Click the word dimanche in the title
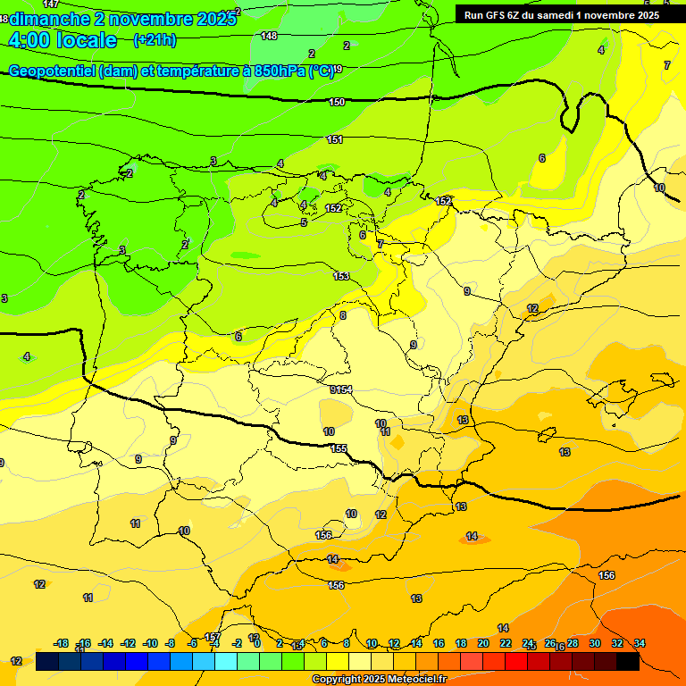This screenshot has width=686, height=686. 49,18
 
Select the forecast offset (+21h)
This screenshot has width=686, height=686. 154,39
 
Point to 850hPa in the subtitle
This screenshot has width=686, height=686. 279,71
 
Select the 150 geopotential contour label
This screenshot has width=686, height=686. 337,102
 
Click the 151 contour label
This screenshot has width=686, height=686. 335,139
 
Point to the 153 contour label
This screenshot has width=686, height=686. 341,276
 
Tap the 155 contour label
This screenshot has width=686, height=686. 339,448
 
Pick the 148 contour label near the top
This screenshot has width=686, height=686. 269,36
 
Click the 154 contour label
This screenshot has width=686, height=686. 344,389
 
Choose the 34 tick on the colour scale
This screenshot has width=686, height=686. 640,643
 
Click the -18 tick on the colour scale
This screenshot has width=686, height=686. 61,643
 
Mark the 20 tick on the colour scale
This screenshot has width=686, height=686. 483,643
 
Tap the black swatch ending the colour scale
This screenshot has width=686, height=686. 628,661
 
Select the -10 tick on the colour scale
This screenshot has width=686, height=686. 149,643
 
